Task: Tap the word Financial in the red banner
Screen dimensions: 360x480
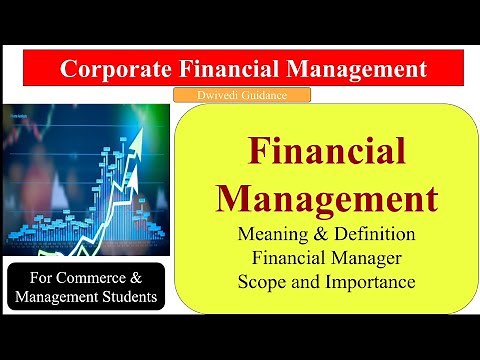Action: click(x=228, y=69)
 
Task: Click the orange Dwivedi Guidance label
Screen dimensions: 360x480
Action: click(x=240, y=96)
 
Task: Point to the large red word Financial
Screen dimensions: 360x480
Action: click(x=326, y=153)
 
